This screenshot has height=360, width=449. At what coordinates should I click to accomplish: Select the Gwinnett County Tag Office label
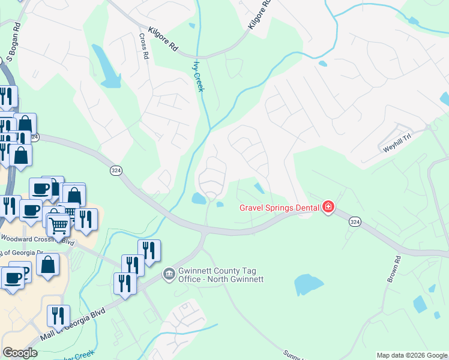pyautogui.click(x=220, y=274)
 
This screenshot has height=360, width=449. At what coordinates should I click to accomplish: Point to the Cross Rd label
pyautogui.click(x=144, y=46)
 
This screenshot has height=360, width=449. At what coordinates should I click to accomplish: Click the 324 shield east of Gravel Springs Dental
pyautogui.click(x=355, y=222)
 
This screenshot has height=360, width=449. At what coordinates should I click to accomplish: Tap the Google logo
pyautogui.click(x=20, y=352)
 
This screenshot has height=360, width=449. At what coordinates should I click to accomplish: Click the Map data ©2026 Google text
pyautogui.click(x=412, y=355)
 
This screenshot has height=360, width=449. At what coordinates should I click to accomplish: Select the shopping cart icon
pyautogui.click(x=58, y=225)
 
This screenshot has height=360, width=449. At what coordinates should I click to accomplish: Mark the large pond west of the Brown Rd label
pyautogui.click(x=309, y=284)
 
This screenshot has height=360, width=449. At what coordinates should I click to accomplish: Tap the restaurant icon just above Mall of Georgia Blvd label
pyautogui.click(x=58, y=316)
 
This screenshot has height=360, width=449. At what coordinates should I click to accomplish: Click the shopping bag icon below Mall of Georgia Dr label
pyautogui.click(x=47, y=265)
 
